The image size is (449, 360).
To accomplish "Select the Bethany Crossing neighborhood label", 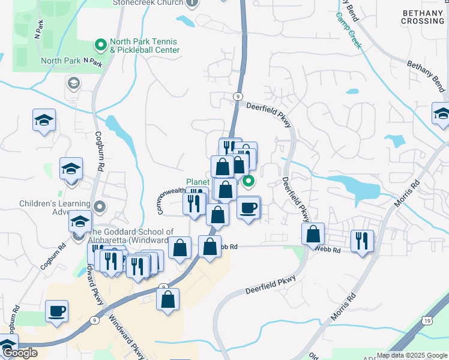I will pyautogui.click(x=423, y=17).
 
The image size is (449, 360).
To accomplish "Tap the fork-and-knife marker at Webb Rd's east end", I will pyautogui.click(x=362, y=241).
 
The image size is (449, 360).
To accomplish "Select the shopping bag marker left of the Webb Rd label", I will pyautogui.click(x=209, y=247).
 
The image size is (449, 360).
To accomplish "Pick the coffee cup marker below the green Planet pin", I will pyautogui.click(x=248, y=208).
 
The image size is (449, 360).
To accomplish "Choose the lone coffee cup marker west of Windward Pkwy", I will pyautogui.click(x=56, y=311).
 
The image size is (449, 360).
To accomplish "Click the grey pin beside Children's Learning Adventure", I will pyautogui.click(x=100, y=207).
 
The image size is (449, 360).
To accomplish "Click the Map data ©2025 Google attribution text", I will pyautogui.click(x=411, y=355).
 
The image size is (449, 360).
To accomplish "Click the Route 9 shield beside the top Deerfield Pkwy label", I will pyautogui.click(x=239, y=96).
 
